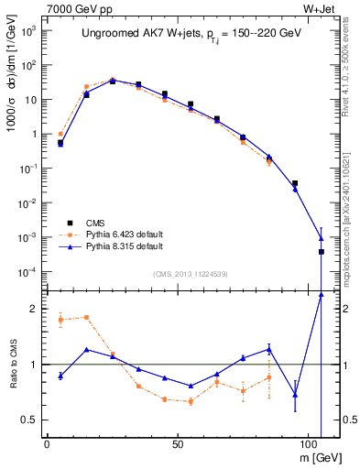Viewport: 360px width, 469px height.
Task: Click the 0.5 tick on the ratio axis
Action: point(27,420)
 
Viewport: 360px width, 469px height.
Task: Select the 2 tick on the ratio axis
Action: point(31,309)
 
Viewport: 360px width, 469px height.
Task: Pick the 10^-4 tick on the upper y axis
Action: point(27,272)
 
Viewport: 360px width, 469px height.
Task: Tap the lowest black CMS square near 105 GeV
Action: point(321,251)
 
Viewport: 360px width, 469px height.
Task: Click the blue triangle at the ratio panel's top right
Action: point(321,294)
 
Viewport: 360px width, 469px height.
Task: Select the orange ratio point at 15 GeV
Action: point(86,317)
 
